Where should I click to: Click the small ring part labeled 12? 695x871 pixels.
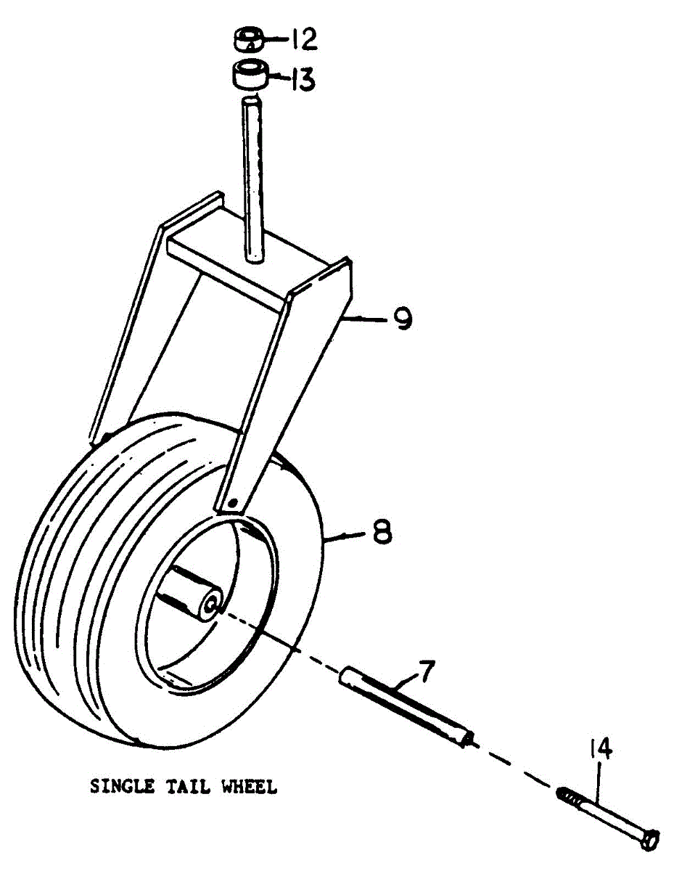tap(249, 38)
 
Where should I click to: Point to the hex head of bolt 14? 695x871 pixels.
tap(649, 840)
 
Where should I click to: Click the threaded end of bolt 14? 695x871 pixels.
tap(570, 796)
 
